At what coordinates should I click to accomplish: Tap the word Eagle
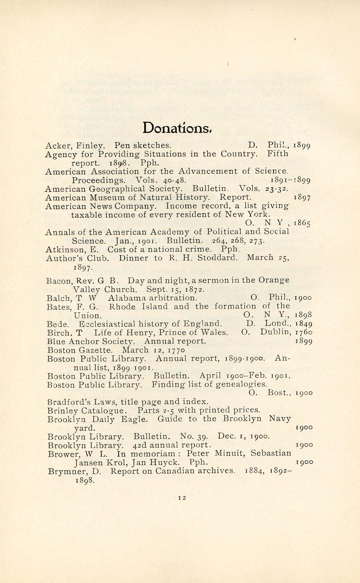pos(134,419)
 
